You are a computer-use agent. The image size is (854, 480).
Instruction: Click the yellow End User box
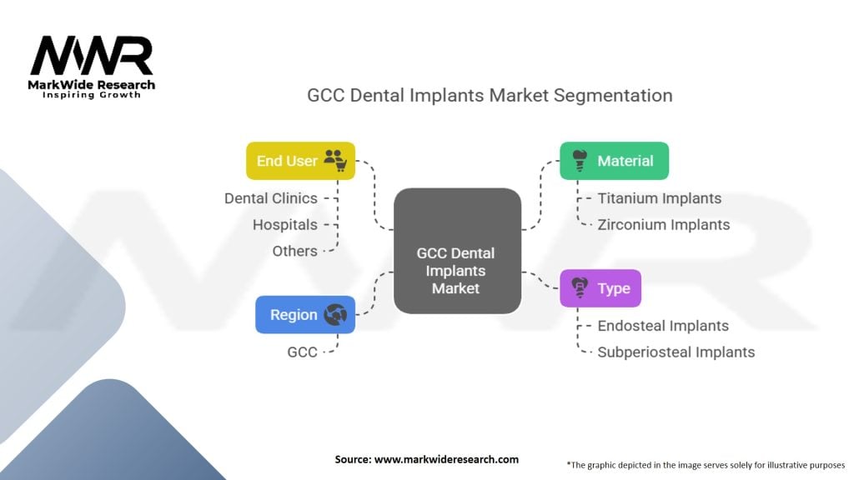click(x=300, y=161)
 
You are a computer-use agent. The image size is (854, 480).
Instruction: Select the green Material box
click(x=615, y=161)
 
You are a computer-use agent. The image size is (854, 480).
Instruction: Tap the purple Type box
click(x=600, y=287)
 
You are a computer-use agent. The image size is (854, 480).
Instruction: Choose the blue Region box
click(x=305, y=314)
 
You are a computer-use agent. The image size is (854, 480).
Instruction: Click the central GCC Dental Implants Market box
click(x=457, y=251)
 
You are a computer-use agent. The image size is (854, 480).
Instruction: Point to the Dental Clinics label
click(x=271, y=198)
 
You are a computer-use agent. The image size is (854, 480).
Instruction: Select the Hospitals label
click(x=285, y=225)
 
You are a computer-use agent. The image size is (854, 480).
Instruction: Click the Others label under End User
click(x=294, y=251)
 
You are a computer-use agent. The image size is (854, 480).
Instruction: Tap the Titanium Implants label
click(x=659, y=198)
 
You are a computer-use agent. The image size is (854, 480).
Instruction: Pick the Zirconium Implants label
click(x=663, y=225)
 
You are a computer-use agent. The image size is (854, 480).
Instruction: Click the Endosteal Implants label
click(x=663, y=326)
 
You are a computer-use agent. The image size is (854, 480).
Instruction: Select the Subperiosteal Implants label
click(x=676, y=352)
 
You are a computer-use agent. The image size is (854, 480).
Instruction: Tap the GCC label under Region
click(x=302, y=352)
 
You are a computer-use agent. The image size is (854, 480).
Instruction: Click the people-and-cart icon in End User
click(x=335, y=161)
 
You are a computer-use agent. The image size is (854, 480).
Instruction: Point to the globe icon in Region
click(x=335, y=314)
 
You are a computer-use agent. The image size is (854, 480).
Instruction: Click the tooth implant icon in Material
click(x=580, y=161)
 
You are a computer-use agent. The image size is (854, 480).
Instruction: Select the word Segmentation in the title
click(x=613, y=96)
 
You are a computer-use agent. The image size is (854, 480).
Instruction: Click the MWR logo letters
click(x=92, y=56)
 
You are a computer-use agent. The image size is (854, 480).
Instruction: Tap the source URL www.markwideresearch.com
click(x=447, y=459)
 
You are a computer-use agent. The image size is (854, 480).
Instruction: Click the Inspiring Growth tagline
click(x=92, y=95)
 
